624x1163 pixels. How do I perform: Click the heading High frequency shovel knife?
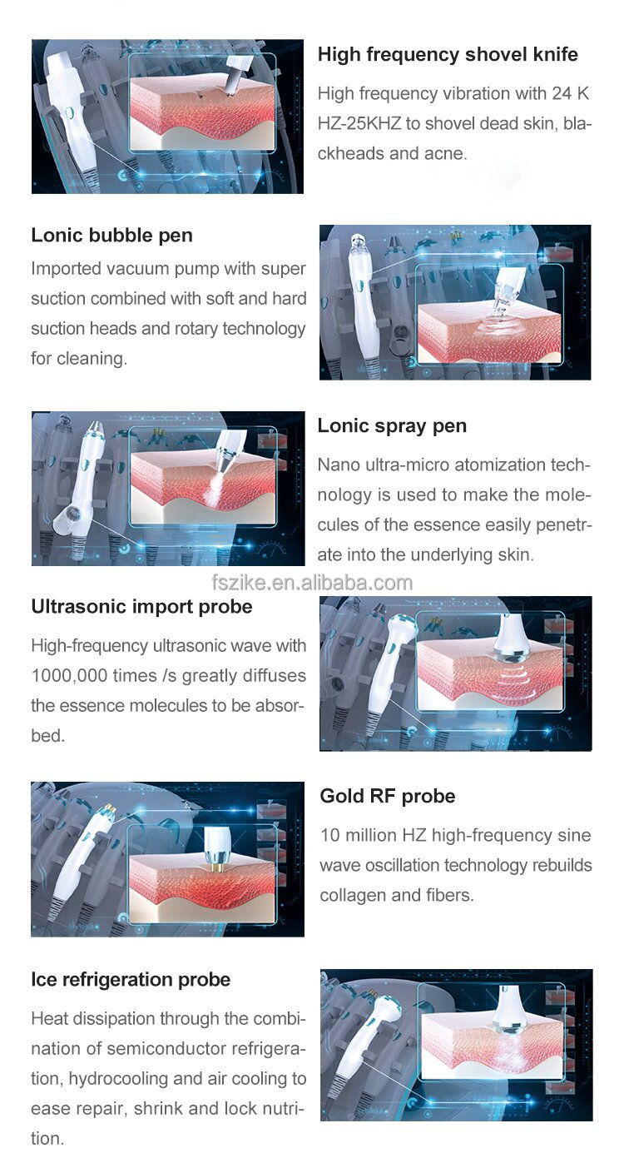click(x=448, y=55)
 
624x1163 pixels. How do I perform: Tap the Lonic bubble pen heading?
click(x=111, y=236)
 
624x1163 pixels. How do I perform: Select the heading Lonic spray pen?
click(x=392, y=426)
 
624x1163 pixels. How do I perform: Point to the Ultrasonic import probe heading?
click(x=141, y=607)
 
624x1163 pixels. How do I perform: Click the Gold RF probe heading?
click(x=388, y=797)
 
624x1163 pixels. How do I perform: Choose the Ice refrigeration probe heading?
click(x=131, y=980)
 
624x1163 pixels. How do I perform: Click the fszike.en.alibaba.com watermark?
click(x=312, y=583)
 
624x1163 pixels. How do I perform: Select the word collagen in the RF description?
click(x=354, y=896)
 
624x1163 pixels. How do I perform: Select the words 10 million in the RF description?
click(x=354, y=836)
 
